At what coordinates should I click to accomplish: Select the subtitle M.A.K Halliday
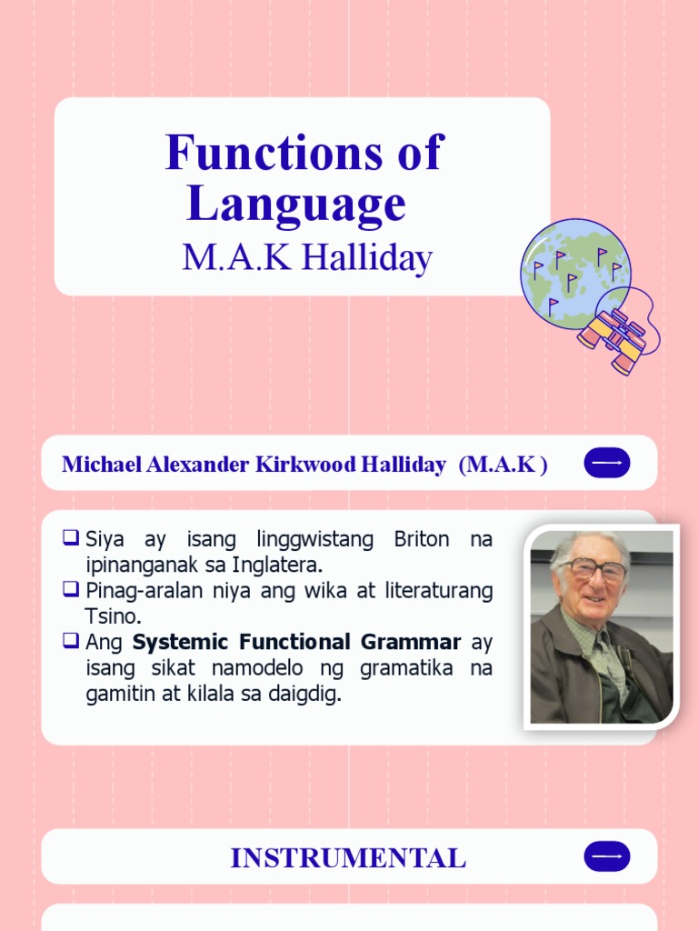click(306, 258)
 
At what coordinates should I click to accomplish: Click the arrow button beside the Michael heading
click(607, 463)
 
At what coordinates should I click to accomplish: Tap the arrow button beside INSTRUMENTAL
click(607, 856)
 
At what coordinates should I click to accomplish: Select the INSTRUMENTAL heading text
click(348, 857)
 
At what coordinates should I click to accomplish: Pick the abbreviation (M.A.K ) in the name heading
click(503, 465)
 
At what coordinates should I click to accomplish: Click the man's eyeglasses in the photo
click(593, 569)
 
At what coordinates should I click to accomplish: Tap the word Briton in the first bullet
click(421, 539)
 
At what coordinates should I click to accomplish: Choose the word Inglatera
click(279, 565)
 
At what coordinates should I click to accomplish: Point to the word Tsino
click(113, 616)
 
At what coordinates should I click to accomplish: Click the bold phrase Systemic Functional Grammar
click(296, 642)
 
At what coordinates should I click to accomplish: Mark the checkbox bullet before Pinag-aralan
click(71, 590)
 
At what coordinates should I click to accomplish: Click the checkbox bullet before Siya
click(71, 538)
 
